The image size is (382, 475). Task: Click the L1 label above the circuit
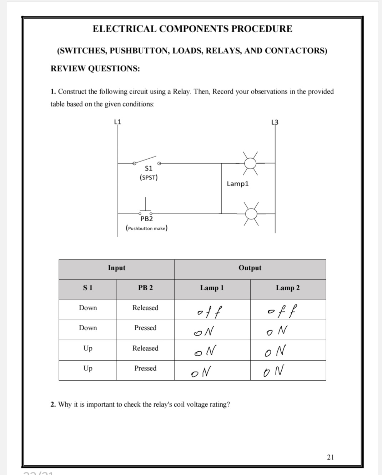click(117, 122)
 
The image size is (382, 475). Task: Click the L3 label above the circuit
click(275, 122)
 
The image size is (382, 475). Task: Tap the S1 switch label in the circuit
click(149, 168)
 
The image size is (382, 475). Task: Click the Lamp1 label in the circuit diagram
click(237, 184)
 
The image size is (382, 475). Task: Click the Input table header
click(116, 268)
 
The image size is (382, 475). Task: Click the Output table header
click(250, 268)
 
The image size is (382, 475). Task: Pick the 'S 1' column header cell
click(88, 288)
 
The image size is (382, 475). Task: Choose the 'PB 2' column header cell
click(145, 288)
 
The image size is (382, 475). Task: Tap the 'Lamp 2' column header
click(288, 288)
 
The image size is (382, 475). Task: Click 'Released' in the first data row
click(145, 308)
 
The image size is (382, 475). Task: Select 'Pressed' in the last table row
click(145, 368)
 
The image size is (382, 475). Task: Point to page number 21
click(330, 457)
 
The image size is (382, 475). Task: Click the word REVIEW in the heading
click(68, 69)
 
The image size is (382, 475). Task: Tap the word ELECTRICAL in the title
click(124, 29)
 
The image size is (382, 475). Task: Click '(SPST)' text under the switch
click(149, 177)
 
